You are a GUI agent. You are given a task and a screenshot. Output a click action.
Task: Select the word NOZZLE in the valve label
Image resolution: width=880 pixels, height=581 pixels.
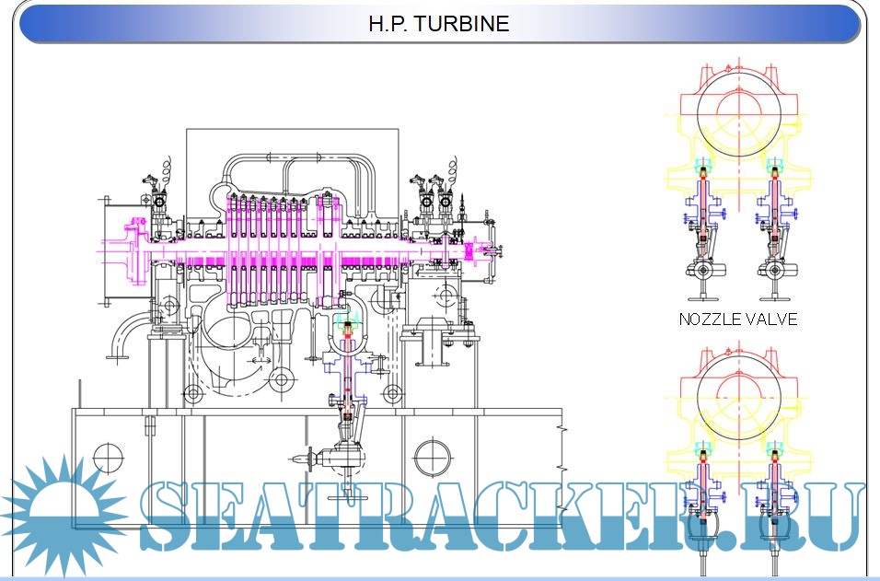click(710, 320)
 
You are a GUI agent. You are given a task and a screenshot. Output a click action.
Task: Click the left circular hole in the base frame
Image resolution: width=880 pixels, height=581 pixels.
click(109, 458)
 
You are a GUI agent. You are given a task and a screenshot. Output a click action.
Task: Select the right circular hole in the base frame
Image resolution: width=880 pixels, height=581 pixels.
click(432, 457)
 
